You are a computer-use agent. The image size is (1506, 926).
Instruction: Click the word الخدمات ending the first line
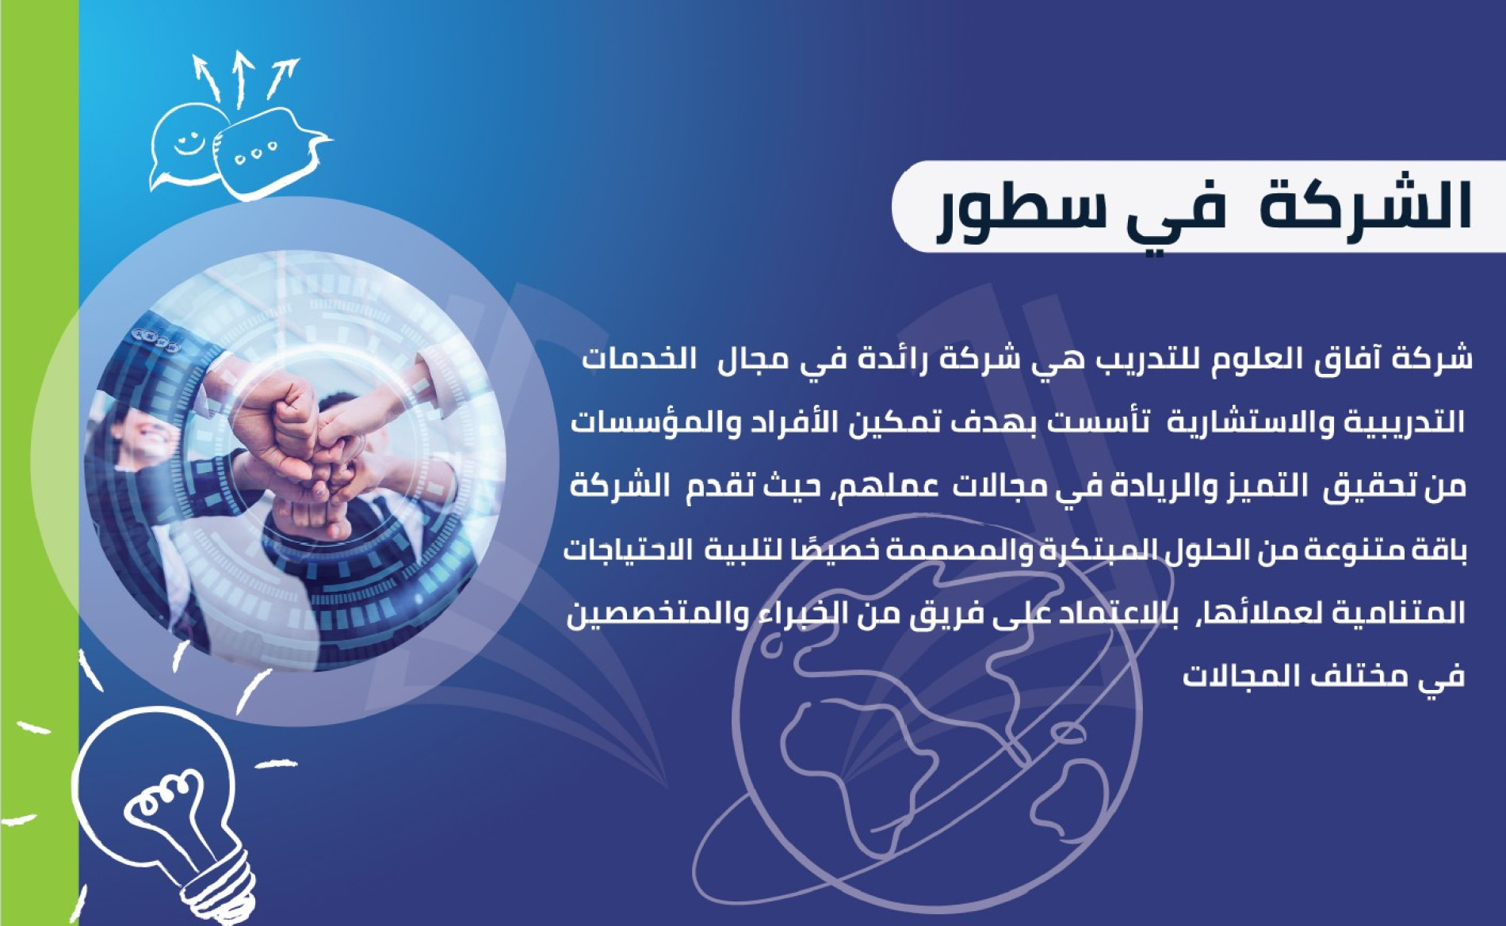coord(640,359)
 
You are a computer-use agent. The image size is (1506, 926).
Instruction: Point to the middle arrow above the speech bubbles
coord(241,78)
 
